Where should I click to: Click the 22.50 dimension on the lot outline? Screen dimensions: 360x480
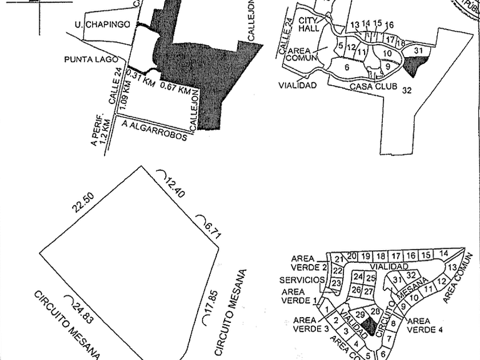pos(82,203)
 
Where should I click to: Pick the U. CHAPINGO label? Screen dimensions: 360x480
pos(102,25)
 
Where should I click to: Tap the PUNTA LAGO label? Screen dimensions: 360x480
pos(91,59)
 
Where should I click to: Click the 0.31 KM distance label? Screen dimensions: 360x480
pos(140,78)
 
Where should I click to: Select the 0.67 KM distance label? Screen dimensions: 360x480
pos(175,89)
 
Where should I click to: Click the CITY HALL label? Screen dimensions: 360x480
pos(307,23)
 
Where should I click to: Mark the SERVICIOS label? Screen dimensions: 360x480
pos(302,280)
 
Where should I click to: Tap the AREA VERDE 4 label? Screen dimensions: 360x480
pos(427,325)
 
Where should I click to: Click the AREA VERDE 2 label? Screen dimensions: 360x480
pos(309,262)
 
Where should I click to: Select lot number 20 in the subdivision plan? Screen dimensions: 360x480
pos(352,255)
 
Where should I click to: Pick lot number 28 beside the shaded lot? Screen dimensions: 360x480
pos(375,311)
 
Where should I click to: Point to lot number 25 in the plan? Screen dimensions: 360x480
pos(371,278)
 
